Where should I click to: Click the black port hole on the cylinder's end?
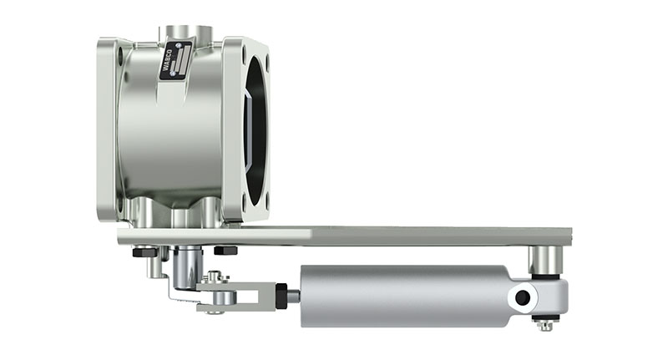tap(523, 297)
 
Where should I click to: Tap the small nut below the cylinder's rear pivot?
tap(545, 323)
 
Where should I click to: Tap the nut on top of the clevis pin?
tap(215, 277)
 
